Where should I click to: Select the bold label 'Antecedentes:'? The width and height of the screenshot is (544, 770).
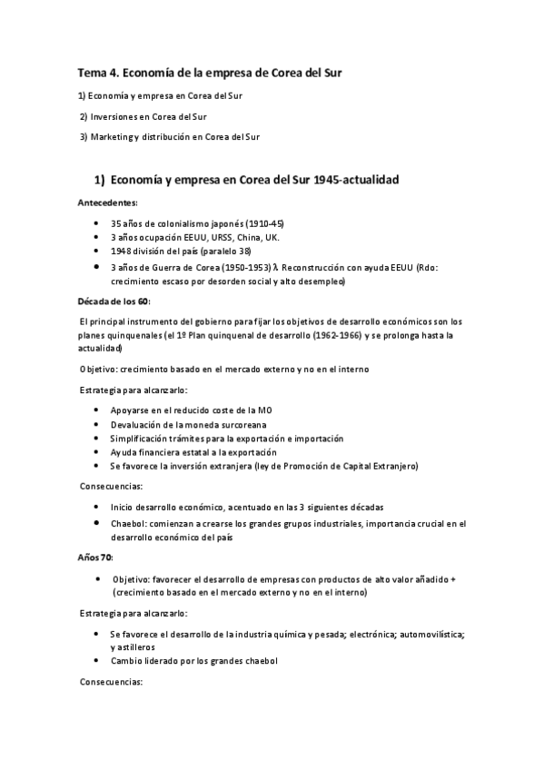coord(108,203)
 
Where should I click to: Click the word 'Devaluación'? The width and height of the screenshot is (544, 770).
coord(137,424)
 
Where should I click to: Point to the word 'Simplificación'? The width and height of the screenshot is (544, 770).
coord(141,438)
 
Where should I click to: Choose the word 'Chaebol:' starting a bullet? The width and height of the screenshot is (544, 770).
coord(128,523)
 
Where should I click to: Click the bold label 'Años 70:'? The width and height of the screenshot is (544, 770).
coord(94,556)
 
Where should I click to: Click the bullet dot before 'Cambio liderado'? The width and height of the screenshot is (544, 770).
coord(97,660)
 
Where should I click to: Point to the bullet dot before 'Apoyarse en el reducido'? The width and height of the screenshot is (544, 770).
coord(97,410)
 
